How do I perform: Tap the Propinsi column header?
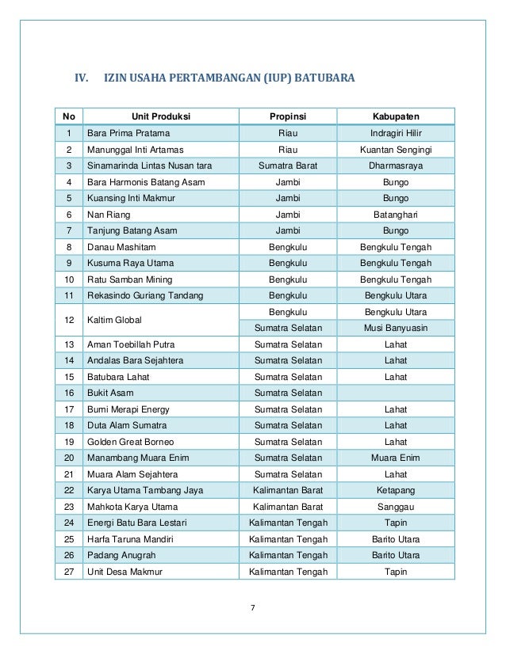click(287, 116)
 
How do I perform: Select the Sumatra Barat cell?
click(287, 165)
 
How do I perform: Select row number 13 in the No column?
click(68, 344)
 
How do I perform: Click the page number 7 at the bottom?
click(253, 608)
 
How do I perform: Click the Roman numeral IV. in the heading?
click(81, 78)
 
